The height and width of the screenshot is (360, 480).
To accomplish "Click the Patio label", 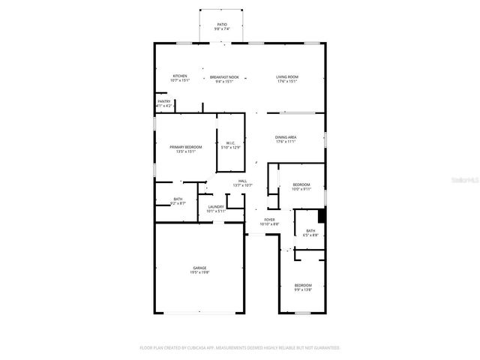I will tap(221, 25).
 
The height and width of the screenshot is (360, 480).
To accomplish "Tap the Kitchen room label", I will tap(180, 76).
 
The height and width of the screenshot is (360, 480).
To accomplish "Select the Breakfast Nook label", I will tap(223, 76).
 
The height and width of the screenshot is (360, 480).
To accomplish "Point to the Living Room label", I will tap(286, 76).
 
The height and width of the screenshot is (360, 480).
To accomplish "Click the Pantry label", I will tap(163, 101).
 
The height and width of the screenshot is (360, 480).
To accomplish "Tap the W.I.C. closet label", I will tap(229, 142).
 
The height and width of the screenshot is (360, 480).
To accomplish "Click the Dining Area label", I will tap(286, 137).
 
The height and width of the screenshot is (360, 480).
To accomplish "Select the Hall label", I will tap(242, 181).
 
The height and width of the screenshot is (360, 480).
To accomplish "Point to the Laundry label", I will tap(217, 206).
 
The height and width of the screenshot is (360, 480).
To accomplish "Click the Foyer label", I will tap(269, 220).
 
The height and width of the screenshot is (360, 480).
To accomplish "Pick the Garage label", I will tap(199, 268).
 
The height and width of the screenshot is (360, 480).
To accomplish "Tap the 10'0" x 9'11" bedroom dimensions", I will tap(301, 189).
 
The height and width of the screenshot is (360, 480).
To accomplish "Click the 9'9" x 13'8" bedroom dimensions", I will tap(303, 289).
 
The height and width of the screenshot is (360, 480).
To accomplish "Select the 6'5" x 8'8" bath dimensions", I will tap(310, 235).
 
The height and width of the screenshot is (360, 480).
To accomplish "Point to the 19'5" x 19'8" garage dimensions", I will tap(199, 272).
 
